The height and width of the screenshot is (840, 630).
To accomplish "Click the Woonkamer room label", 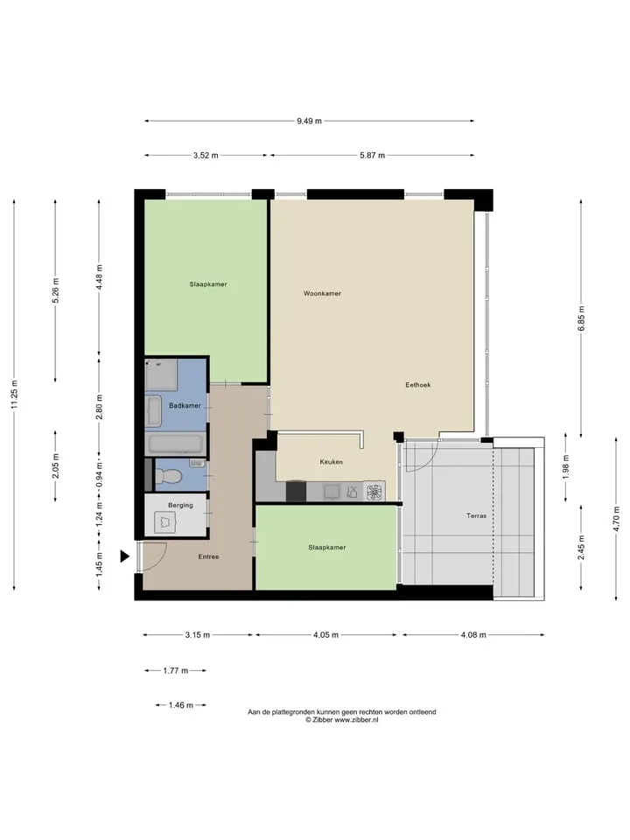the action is (322, 294).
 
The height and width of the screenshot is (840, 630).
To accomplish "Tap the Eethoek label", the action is (418, 385).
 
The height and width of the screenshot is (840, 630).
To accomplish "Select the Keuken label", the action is (331, 462).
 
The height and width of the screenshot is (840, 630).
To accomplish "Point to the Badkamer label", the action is (185, 405).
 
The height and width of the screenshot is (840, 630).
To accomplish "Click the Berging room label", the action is (180, 505).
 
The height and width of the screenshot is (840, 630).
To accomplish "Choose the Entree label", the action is (208, 556).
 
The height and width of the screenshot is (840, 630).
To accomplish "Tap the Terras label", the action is (476, 516).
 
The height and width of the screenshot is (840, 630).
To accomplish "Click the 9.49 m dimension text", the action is (309, 121).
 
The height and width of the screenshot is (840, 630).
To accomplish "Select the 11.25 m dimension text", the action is (15, 395).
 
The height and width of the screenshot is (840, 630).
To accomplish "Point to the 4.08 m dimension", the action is (473, 635).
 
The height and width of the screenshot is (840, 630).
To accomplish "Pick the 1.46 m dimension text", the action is (180, 705).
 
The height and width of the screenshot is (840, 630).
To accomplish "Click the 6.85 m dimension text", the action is (581, 318).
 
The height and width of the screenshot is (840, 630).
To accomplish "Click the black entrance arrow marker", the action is (125, 556).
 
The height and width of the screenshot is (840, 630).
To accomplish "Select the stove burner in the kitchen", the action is (374, 491).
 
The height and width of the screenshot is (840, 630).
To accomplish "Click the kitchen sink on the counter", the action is (331, 491).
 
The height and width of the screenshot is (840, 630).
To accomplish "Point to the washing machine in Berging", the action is (165, 522).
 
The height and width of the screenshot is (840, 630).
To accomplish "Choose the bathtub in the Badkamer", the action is (176, 444).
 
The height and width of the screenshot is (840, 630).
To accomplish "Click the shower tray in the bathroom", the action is (161, 374).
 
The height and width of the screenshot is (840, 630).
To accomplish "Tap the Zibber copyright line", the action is (342, 720).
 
